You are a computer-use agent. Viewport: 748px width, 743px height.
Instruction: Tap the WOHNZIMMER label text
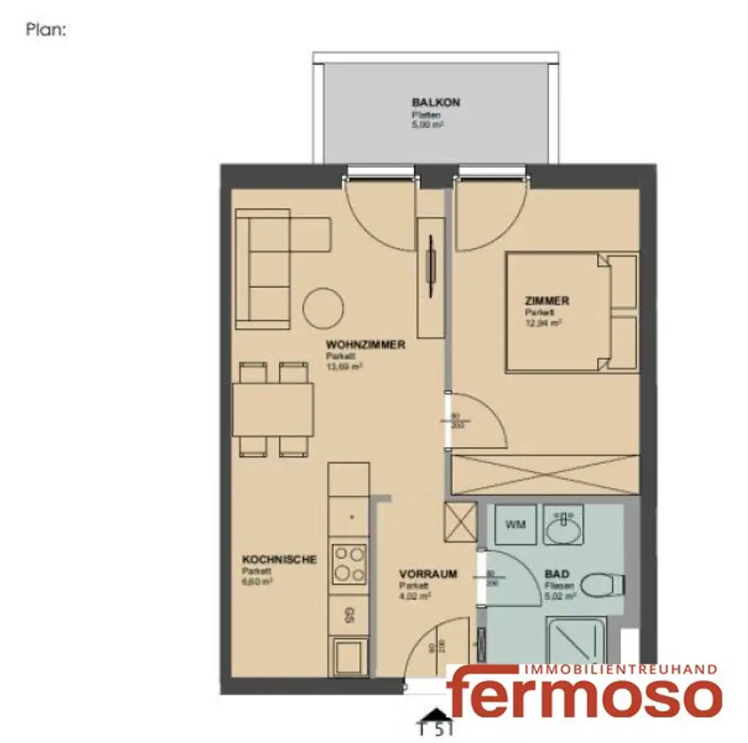365,346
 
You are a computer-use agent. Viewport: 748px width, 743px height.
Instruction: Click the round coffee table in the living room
324,308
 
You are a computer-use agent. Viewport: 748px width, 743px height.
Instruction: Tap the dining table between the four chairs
273,409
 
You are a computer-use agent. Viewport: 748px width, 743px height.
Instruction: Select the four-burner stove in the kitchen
349,564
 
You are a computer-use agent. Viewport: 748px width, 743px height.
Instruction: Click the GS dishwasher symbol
349,614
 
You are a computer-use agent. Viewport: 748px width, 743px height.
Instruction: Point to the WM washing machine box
516,525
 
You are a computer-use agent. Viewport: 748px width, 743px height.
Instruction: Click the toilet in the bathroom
606,584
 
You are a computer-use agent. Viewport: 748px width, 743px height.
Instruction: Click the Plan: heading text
47,31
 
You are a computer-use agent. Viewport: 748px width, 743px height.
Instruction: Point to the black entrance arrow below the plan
434,715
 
